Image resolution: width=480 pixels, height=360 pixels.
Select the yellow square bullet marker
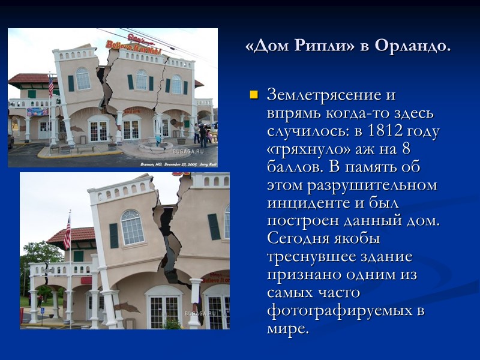point(253,95)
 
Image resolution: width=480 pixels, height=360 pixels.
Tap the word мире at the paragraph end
point(287,329)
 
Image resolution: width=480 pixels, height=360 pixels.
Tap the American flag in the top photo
point(51,86)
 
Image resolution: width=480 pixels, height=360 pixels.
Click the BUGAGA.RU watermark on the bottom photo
point(196,313)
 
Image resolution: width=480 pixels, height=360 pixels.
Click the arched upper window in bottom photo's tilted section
point(132,227)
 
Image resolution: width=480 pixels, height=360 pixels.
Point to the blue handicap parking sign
point(41,311)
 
